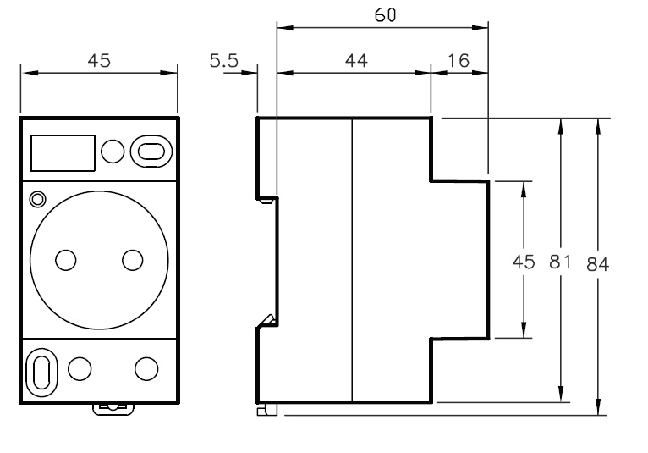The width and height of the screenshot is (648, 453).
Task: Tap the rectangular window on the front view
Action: pyautogui.click(x=62, y=152)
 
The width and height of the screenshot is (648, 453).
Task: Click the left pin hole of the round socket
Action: pyautogui.click(x=63, y=259)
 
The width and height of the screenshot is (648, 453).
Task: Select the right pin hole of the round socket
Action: pyautogui.click(x=132, y=259)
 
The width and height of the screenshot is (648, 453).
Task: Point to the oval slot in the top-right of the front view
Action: pyautogui.click(x=150, y=151)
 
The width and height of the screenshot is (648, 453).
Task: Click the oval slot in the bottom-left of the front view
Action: pyautogui.click(x=41, y=369)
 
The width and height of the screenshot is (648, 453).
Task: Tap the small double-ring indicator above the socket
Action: pyautogui.click(x=36, y=200)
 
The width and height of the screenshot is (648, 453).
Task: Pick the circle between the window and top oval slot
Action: pyautogui.click(x=112, y=152)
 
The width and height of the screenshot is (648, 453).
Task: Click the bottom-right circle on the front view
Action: pyautogui.click(x=146, y=367)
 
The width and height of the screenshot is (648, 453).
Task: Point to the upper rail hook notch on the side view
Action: pyautogui.click(x=267, y=200)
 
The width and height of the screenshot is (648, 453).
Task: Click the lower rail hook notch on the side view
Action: pyautogui.click(x=267, y=320)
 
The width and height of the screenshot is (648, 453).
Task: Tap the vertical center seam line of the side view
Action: pyautogui.click(x=352, y=261)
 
